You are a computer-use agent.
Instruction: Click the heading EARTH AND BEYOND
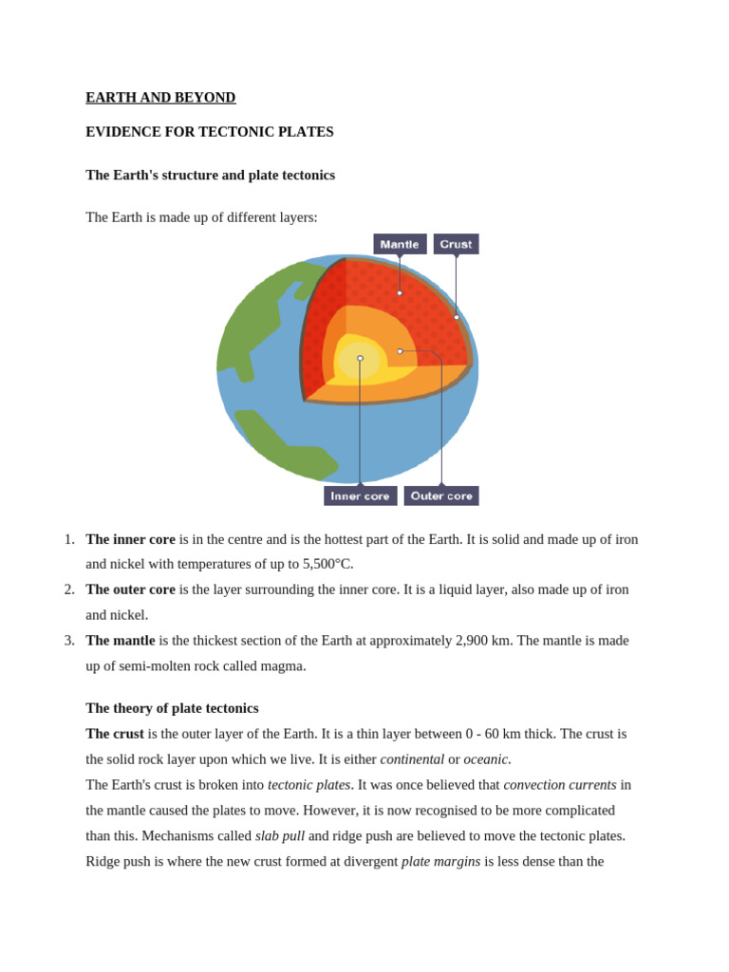160,97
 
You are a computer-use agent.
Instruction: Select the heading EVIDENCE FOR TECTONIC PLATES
210,132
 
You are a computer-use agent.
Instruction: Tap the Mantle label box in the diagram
400,244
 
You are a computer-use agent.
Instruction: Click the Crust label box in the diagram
456,244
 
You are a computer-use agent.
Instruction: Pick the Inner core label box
360,495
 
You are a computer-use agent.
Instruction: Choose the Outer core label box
441,495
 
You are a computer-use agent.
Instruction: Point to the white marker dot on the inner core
360,358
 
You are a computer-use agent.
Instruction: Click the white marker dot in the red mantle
400,292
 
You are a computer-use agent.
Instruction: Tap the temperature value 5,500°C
327,564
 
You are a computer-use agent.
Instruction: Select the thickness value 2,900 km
484,641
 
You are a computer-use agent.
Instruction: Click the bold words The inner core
130,539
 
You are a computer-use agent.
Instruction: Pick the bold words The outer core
130,589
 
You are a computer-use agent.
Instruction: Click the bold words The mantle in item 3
121,641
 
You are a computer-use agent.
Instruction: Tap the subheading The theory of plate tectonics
172,708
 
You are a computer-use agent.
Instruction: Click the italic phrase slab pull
280,836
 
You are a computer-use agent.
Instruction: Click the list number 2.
69,589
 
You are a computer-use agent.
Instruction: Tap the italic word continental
412,759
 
